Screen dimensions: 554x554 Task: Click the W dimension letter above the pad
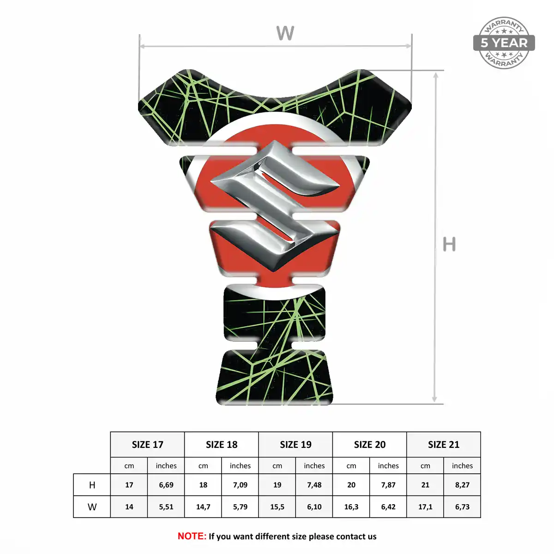click(x=285, y=33)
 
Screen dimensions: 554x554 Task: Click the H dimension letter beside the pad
click(x=449, y=244)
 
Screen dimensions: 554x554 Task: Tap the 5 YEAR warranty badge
click(x=504, y=43)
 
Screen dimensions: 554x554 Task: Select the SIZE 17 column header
click(x=147, y=445)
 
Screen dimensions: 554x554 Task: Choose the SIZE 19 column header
click(x=295, y=445)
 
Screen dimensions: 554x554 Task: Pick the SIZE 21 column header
click(x=444, y=445)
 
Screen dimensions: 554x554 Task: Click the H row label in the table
click(x=92, y=485)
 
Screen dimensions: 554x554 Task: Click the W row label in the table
click(x=92, y=507)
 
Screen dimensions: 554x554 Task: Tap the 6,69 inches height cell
click(x=166, y=485)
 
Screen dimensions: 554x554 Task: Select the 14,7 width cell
click(x=203, y=507)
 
